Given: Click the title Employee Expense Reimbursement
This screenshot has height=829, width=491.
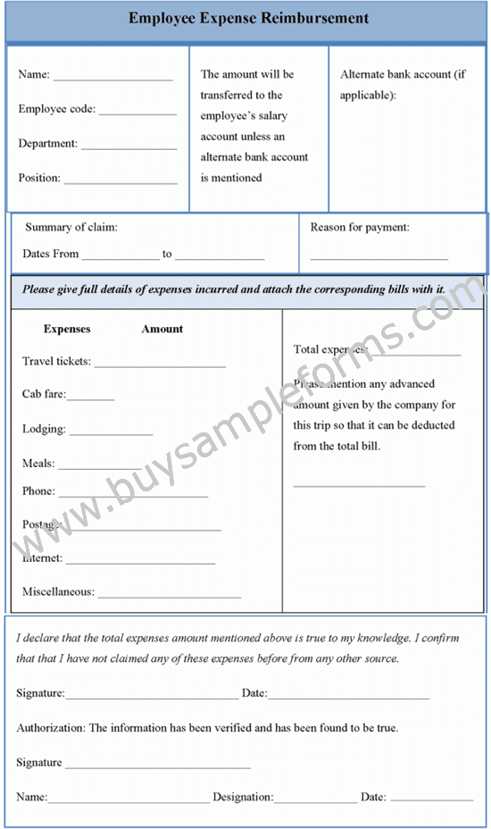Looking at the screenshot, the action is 248,19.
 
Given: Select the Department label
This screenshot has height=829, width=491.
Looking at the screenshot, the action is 48,144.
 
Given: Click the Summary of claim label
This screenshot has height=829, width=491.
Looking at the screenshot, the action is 71,228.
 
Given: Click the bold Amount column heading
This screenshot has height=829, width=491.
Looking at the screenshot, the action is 162,329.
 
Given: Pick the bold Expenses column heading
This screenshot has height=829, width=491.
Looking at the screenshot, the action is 67,329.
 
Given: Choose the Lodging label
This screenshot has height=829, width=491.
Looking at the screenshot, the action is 44,429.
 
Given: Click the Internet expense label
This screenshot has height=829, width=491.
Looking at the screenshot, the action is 43,558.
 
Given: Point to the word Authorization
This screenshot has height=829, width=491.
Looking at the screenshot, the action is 49,728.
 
